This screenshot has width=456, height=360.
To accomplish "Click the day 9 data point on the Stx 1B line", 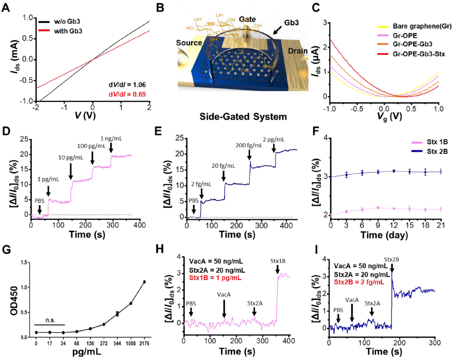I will tap(378, 208).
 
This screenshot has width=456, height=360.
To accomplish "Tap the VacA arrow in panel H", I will tap(224, 308).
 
